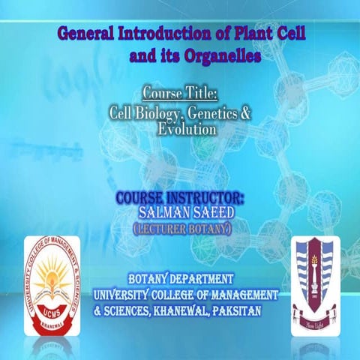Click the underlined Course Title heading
[x=180, y=94]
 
